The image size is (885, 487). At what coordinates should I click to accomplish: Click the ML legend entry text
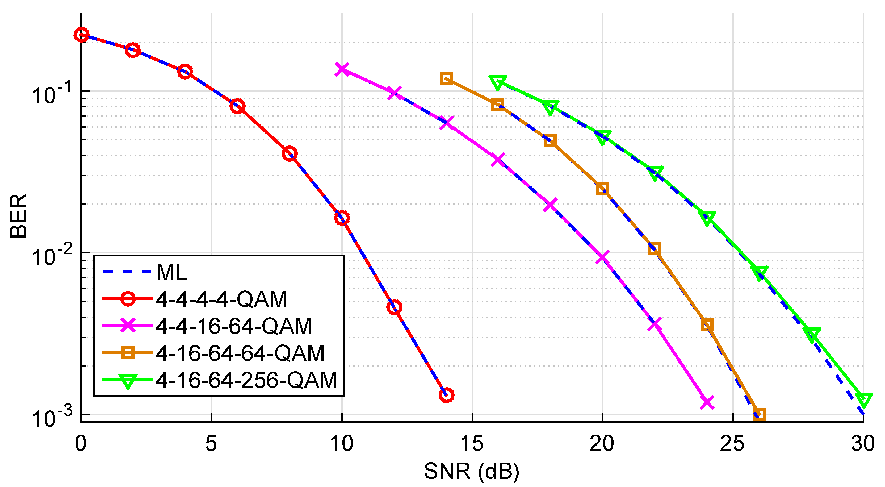click(x=171, y=273)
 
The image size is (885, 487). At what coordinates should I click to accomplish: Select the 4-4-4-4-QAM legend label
click(x=221, y=299)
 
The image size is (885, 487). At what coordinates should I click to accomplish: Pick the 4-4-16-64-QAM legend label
click(x=234, y=326)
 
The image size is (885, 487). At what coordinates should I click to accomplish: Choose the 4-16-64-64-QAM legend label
click(x=240, y=353)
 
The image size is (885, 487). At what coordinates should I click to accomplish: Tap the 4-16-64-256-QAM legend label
click(x=246, y=380)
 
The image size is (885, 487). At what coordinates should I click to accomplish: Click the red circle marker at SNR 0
click(x=81, y=35)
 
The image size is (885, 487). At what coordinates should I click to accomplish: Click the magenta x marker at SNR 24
click(x=707, y=402)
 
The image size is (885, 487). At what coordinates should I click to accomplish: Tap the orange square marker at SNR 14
click(x=446, y=79)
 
